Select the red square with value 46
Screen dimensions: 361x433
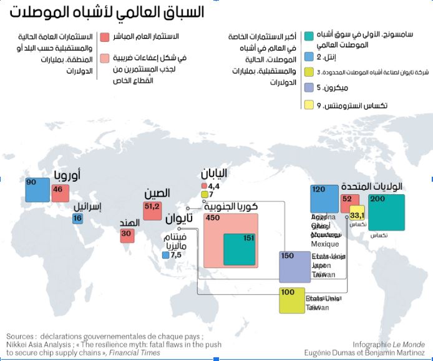tap(61, 193)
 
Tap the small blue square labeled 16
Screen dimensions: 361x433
tap(77, 219)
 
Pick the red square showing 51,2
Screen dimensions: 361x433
tap(152, 210)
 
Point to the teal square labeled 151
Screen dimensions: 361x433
tap(239, 250)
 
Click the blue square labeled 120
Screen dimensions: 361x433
tap(324, 199)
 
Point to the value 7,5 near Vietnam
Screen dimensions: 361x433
tap(175, 255)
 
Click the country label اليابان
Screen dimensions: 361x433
tap(214, 174)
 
